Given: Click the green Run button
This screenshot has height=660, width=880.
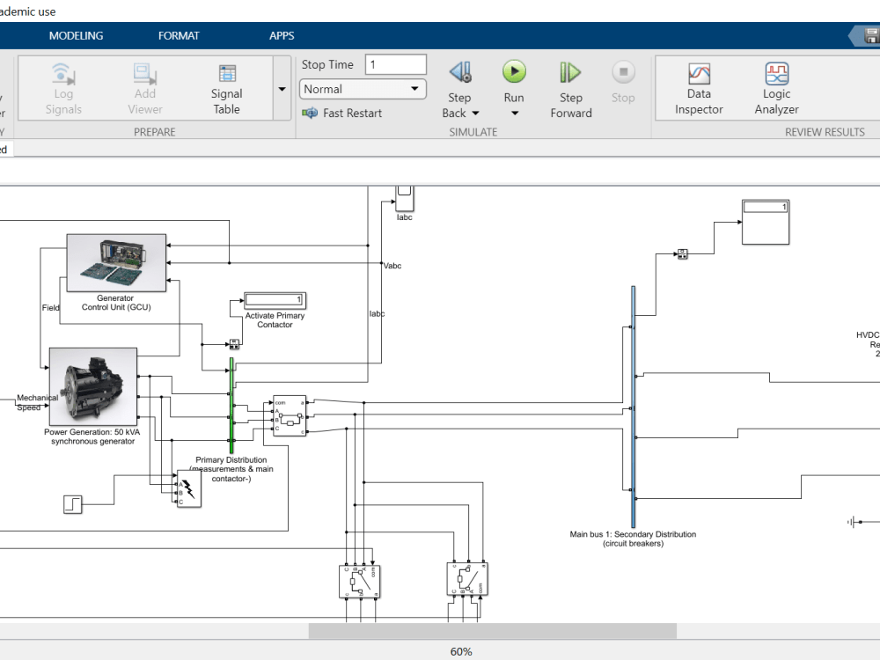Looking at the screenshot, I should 514,72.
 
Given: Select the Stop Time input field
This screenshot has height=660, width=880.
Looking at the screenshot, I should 396,64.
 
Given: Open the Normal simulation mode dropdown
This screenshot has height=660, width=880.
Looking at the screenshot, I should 363,89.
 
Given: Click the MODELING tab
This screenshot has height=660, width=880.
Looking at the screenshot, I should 76,36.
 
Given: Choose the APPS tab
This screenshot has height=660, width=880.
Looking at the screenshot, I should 282,36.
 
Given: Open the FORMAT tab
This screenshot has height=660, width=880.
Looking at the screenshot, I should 179,36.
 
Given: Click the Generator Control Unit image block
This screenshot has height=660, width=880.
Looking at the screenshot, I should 116,262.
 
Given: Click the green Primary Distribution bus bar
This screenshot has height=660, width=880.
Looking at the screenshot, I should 231,406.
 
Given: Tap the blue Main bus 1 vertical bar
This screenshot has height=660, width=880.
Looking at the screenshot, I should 633,406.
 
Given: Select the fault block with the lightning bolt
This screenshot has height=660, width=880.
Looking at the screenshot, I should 188,494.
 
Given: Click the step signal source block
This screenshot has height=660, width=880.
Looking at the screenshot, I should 73,504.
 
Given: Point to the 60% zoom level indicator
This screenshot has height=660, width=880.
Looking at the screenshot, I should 461,651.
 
